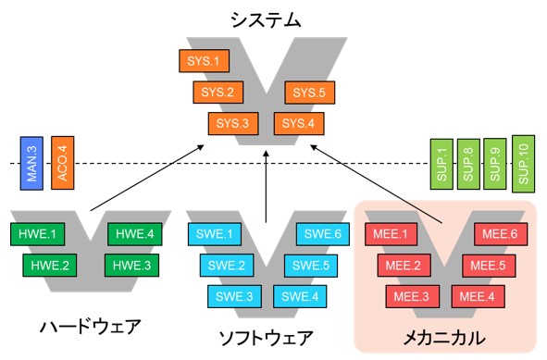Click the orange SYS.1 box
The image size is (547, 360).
(203, 62)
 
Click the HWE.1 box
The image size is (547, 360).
(34, 234)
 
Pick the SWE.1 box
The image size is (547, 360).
(213, 234)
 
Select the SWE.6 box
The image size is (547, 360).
(320, 234)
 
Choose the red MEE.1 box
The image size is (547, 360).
(389, 235)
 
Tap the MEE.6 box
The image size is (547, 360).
(500, 235)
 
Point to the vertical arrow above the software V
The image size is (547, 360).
(266, 185)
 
